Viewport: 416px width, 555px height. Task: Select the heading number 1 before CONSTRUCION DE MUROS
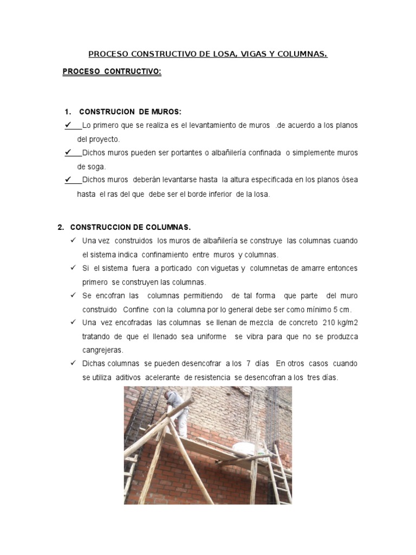67,112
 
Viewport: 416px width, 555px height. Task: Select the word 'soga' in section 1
98,166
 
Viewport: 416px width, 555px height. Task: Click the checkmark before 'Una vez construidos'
73,241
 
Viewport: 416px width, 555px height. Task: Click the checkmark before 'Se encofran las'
73,295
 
